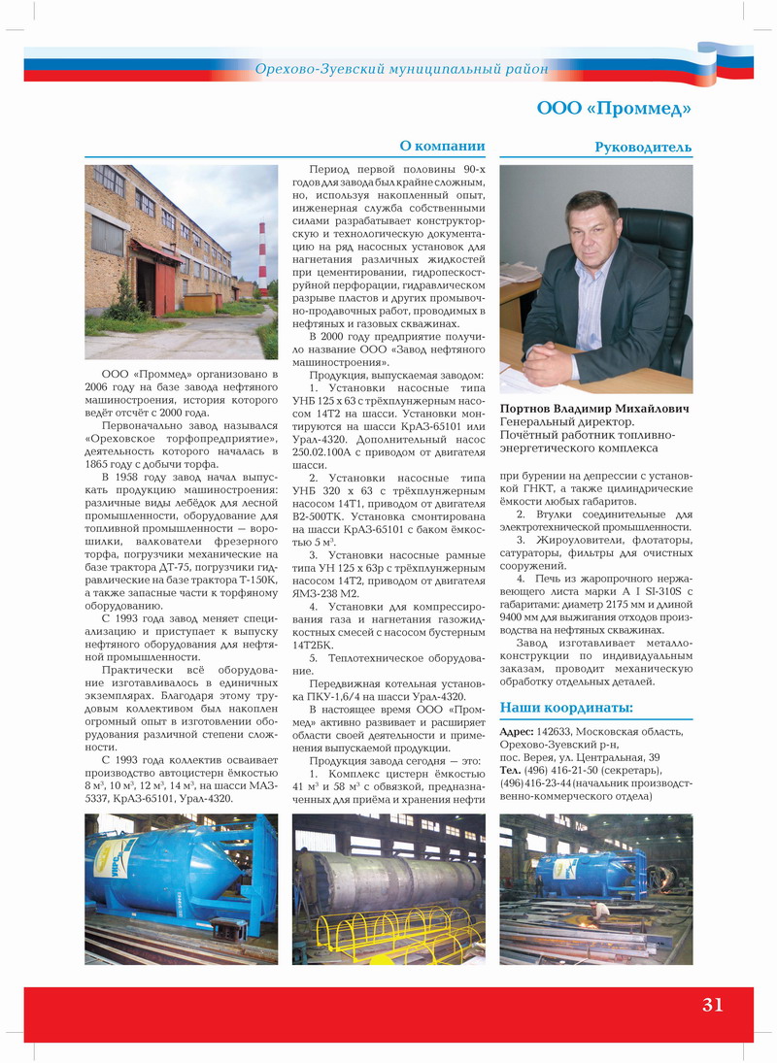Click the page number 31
click(x=712, y=1005)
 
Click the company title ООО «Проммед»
click(x=614, y=109)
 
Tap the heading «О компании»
click(x=442, y=147)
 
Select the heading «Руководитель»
click(x=643, y=148)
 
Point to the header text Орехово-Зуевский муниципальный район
click(x=401, y=69)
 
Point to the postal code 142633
click(x=555, y=731)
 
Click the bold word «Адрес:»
click(x=516, y=731)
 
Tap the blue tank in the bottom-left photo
click(x=170, y=874)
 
